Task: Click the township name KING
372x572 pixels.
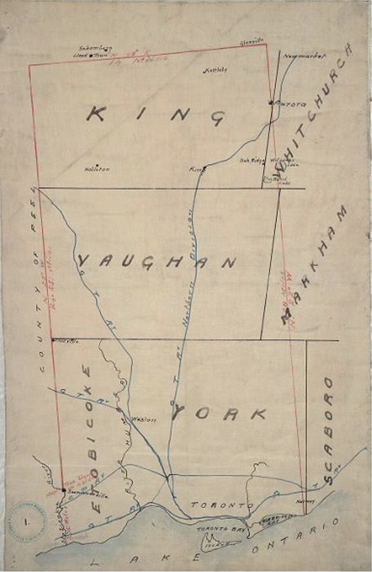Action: [155, 115]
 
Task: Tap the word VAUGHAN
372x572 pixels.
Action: [157, 261]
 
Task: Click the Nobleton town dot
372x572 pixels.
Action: [97, 165]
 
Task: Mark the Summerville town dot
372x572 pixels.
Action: [63, 490]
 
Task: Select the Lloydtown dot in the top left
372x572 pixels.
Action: [91, 55]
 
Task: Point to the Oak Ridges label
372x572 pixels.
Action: [251, 161]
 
